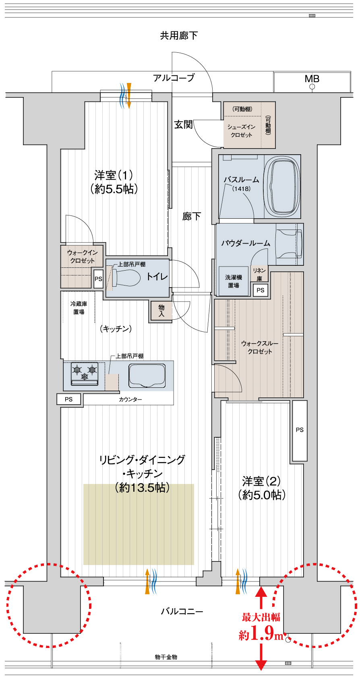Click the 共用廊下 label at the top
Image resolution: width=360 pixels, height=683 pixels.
[x=179, y=36]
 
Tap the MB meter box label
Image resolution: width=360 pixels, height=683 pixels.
[x=312, y=79]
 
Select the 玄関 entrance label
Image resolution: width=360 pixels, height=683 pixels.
[x=183, y=124]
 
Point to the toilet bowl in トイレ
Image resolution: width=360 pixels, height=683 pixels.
[x=126, y=277]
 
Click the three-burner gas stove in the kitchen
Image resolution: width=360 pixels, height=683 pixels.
[x=85, y=373]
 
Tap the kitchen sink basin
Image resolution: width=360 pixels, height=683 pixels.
[x=147, y=376]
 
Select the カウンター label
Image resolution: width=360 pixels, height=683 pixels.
[x=130, y=399]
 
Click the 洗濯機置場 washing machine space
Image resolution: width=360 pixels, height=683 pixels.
[x=234, y=281]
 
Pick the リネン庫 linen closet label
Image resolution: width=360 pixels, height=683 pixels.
[x=259, y=274]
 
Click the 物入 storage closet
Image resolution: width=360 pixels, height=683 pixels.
[x=161, y=311]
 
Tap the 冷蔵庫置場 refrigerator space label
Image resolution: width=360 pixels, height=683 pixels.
[x=79, y=308]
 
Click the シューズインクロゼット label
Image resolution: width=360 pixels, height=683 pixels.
[x=242, y=131]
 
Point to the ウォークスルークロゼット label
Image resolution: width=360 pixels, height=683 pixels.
[x=260, y=347]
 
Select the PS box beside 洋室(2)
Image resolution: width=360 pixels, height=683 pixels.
[x=299, y=430]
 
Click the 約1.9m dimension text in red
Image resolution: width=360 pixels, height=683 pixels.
[x=261, y=633]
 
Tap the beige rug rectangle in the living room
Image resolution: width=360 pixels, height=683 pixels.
[x=139, y=524]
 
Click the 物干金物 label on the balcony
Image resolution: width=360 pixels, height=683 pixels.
[x=166, y=657]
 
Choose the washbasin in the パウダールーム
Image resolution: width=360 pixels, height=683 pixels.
[x=289, y=244]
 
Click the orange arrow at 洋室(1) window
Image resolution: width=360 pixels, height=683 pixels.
[x=129, y=95]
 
